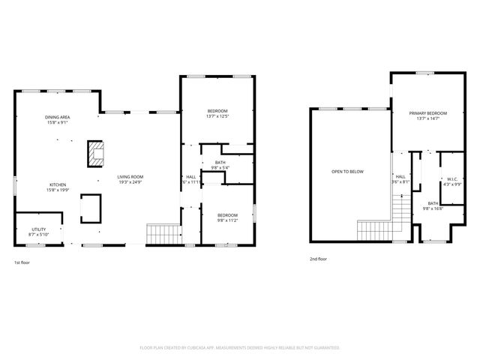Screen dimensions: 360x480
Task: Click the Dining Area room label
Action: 58,118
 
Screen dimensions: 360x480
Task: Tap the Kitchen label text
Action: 58,184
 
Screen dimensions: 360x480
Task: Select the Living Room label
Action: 130,177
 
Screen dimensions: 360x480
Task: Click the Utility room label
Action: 39,229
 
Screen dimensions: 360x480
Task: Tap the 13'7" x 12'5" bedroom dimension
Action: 217,116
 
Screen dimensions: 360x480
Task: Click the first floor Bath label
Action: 220,163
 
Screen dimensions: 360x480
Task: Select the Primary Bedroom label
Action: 427,113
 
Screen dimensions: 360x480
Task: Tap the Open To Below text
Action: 347,172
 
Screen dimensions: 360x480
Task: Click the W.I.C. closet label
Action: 452,179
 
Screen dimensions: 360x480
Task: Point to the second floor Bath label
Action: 433,203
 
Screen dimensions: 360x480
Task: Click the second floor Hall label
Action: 400,177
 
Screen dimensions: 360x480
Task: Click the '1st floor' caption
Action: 22,262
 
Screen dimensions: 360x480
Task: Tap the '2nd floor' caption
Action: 318,259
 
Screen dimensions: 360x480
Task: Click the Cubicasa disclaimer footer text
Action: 240,347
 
